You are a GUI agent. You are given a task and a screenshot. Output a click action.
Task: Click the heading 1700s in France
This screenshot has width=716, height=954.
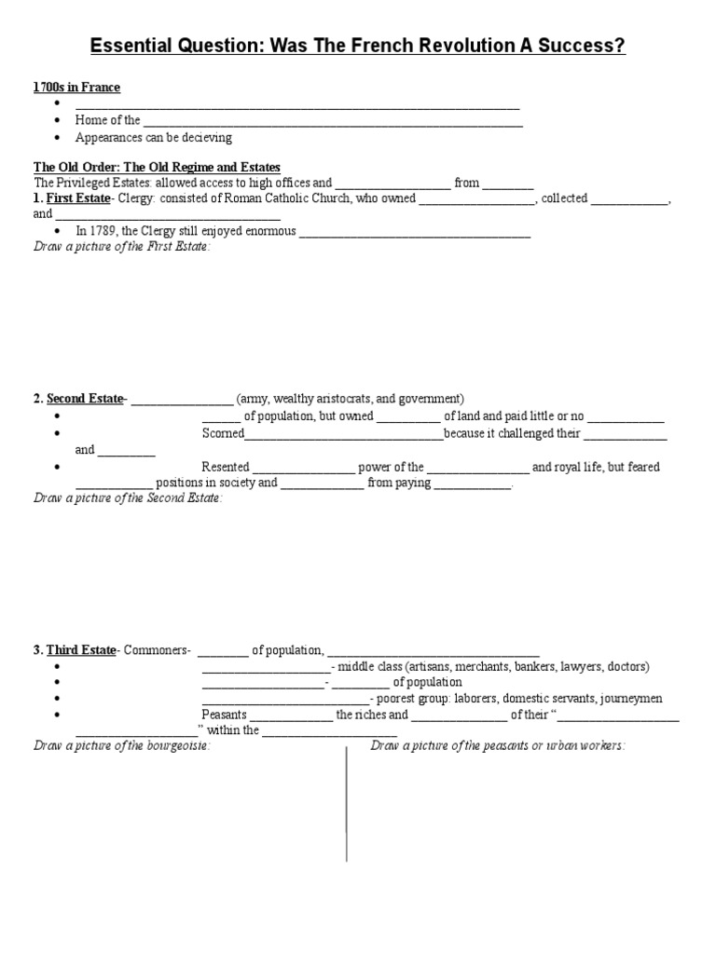point(77,88)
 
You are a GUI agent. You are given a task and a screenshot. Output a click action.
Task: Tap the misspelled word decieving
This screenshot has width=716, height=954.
point(200,138)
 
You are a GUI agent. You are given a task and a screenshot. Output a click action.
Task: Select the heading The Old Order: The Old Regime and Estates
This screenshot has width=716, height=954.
point(157,168)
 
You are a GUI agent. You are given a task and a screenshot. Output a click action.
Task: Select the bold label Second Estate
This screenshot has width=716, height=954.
point(85,399)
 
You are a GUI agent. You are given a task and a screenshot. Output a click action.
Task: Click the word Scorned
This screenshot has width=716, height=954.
point(223,434)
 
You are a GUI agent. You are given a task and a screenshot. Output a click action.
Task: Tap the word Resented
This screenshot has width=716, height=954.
point(225,467)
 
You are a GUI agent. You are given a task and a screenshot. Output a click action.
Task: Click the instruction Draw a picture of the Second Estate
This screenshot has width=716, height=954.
point(128,498)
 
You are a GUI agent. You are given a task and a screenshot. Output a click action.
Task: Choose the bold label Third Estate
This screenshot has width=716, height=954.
point(81,649)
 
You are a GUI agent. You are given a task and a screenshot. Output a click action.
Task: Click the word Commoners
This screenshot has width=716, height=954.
point(156,649)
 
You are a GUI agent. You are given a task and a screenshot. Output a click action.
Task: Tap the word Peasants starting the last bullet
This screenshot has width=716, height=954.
point(225,715)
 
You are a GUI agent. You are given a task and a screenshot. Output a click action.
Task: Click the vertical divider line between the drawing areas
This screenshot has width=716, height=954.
point(347,801)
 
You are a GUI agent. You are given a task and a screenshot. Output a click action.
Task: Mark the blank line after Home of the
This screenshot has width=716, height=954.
point(333,122)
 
